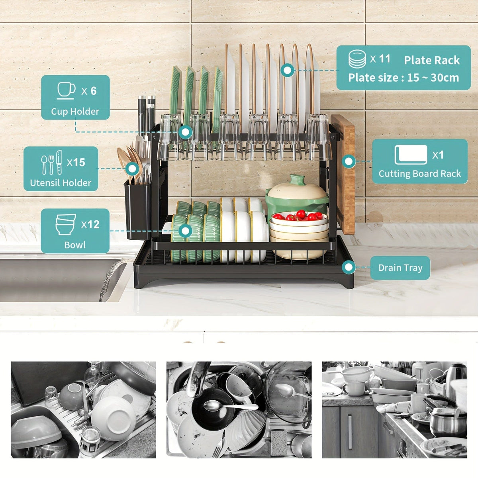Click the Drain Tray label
pos(400,268)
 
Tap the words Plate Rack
pos(432,60)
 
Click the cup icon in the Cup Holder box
pos(66,90)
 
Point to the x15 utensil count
pos(76,163)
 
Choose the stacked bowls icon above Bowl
pos(66,225)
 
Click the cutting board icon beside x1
pos(410,155)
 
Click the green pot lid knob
pos(296,180)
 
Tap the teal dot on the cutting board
pos(349,161)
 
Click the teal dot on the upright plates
pos(287,71)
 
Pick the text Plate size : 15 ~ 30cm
pos(404,78)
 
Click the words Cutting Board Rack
pos(419,174)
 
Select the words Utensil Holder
pos(61,183)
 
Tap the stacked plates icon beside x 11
pos(357,59)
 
